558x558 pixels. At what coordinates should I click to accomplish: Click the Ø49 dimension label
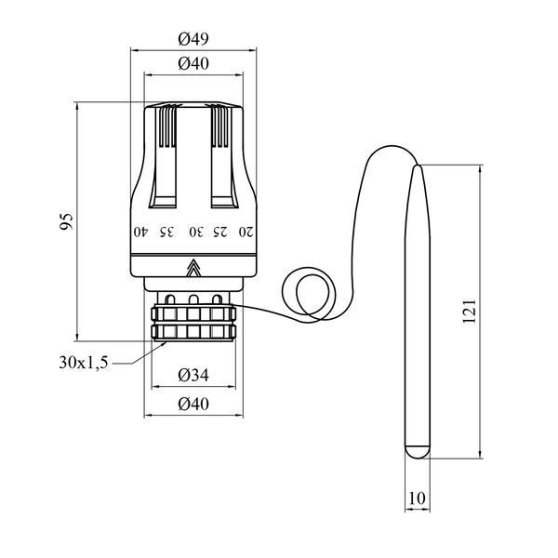pos(193,39)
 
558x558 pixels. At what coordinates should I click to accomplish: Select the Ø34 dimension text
pos(193,375)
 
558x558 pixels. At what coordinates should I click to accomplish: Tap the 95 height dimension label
pos(66,221)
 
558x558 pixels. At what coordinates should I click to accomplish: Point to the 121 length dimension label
pos(469,312)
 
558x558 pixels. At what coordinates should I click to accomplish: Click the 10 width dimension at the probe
pos(417,498)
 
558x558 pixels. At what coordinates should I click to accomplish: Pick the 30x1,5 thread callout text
pos(84,363)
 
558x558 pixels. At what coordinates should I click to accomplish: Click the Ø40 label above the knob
pos(193,63)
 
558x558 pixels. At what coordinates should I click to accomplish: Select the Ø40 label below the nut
pos(193,405)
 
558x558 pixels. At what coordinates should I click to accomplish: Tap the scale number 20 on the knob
pos(246,232)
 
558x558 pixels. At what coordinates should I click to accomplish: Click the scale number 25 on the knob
pos(219,232)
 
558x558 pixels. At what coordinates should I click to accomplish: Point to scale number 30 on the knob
pos(196,232)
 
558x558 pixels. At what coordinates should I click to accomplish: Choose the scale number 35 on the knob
pos(166,232)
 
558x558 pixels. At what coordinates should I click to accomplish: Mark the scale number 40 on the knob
pos(140,232)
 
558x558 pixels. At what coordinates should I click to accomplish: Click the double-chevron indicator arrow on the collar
pos(193,268)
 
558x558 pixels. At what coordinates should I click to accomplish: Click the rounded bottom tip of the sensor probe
pos(418,452)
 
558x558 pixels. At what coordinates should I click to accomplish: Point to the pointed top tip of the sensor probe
pos(418,166)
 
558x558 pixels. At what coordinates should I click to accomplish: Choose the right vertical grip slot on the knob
pos(224,156)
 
